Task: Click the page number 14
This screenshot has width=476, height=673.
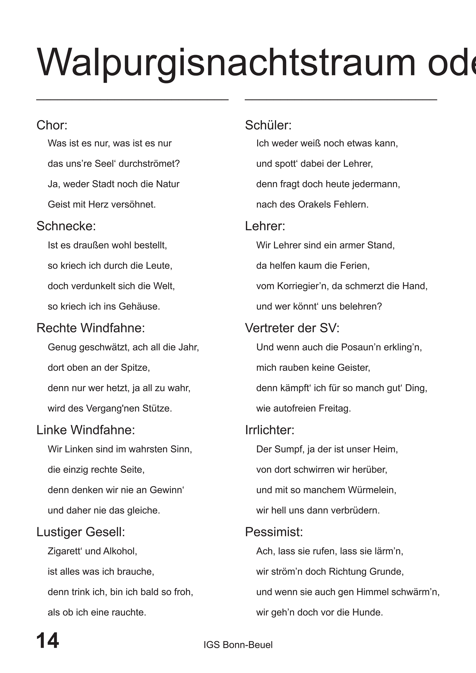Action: [x=48, y=640]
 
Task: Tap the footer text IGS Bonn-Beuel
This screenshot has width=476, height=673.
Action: [x=238, y=645]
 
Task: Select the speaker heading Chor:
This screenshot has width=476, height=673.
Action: [x=52, y=125]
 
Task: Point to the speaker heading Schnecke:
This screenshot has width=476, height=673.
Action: [x=66, y=226]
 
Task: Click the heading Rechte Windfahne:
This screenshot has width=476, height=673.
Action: [x=90, y=328]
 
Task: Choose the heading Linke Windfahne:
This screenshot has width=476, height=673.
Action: [x=86, y=430]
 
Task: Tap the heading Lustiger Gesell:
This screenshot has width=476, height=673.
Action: [x=81, y=532]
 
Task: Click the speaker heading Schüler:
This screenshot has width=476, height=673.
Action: [x=268, y=125]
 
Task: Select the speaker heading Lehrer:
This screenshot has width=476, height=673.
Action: [x=265, y=226]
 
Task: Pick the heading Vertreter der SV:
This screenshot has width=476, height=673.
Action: [x=292, y=328]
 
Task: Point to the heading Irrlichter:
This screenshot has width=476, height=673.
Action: [x=270, y=430]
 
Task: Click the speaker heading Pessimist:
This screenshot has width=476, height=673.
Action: [x=274, y=532]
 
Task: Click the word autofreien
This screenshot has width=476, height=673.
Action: [x=294, y=408]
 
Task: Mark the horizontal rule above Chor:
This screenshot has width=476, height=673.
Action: [x=132, y=100]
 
